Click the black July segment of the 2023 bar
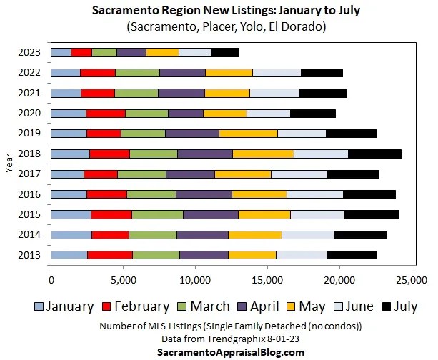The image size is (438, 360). point(225,52)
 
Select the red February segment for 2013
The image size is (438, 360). point(109,254)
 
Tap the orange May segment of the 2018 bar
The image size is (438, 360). point(263,153)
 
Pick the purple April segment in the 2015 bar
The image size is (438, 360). point(210,214)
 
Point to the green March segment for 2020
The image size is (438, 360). point(146,113)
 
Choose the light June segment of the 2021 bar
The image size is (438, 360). point(274,93)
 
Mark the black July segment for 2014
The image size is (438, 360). point(360,234)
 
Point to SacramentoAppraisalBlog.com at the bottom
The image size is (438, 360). point(219,352)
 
